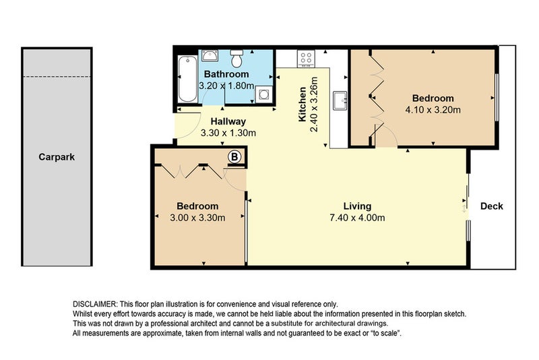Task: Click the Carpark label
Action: tap(57, 157)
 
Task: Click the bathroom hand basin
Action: tap(210, 57)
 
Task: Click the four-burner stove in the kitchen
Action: tap(305, 59)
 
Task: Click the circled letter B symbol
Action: tap(234, 156)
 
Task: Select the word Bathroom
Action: tap(226, 74)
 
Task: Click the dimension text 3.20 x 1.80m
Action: tap(226, 86)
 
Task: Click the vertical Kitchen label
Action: tap(303, 104)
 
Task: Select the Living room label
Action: tap(357, 206)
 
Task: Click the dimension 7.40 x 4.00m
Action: tap(357, 218)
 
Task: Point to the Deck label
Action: tap(492, 206)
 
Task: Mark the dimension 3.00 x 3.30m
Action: tap(197, 217)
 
